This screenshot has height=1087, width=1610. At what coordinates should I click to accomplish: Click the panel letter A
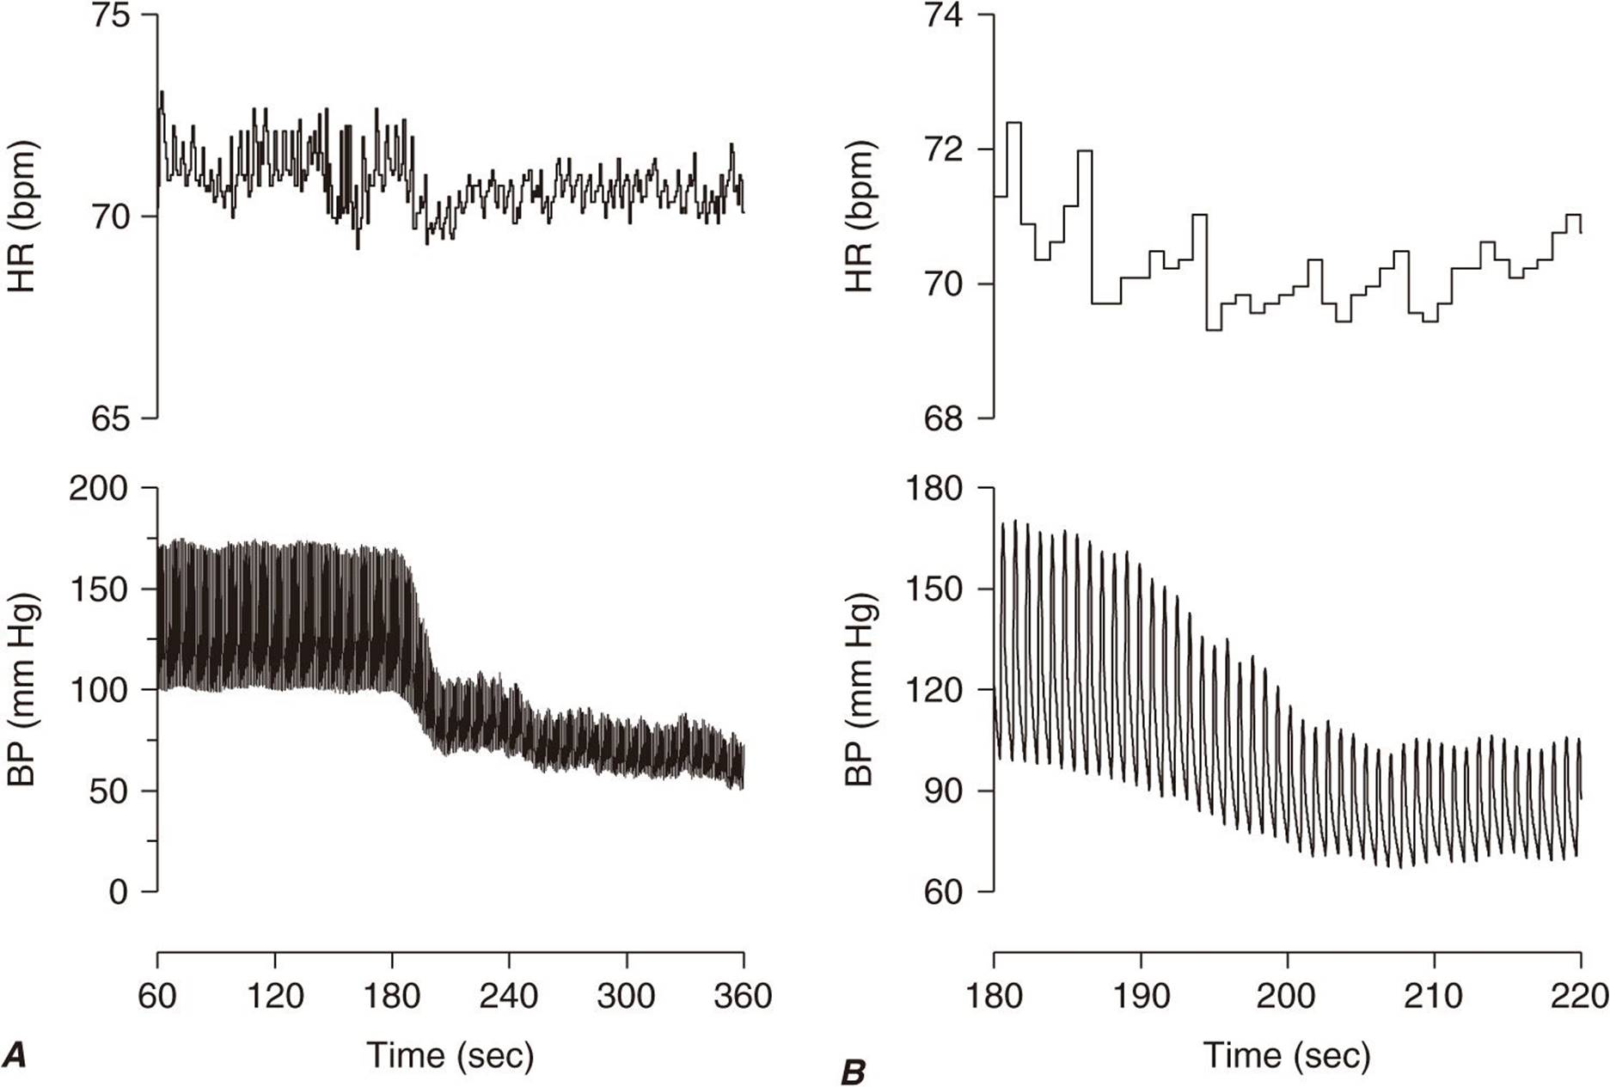(15, 1054)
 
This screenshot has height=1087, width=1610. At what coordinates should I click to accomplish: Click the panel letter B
(853, 1072)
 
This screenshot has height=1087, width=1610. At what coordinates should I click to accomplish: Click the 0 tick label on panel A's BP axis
(118, 892)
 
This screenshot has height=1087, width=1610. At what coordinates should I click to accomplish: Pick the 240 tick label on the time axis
(509, 995)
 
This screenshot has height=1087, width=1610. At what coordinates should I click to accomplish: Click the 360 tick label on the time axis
(743, 995)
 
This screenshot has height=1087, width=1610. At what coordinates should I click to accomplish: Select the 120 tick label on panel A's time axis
(275, 995)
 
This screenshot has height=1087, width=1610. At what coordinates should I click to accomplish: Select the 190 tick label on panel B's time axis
(1141, 995)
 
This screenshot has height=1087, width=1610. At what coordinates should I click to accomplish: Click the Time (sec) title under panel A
(450, 1054)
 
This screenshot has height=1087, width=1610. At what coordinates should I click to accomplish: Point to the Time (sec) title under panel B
(1286, 1054)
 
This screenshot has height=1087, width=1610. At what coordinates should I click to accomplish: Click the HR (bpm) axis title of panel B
(859, 217)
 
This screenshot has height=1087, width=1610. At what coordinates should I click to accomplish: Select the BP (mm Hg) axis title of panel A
(23, 689)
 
